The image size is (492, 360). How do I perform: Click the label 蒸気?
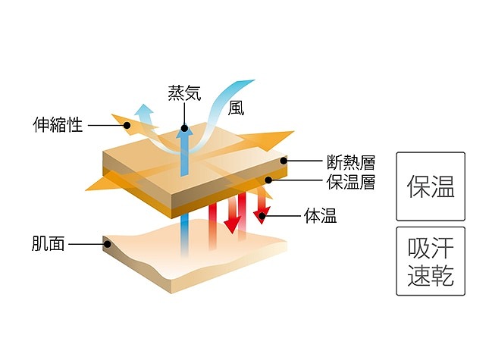pos(184,94)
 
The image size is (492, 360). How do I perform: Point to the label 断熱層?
pos(351,161)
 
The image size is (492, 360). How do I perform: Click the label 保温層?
pos(351,182)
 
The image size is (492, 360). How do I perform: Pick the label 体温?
pos(321,217)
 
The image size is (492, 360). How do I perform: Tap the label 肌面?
pos(49,244)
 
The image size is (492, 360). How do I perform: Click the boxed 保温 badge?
pos(430,187)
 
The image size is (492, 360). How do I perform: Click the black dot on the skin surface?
pos(108,244)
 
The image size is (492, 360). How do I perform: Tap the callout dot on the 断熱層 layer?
pos(284,161)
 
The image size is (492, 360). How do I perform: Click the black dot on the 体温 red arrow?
pos(259,217)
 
